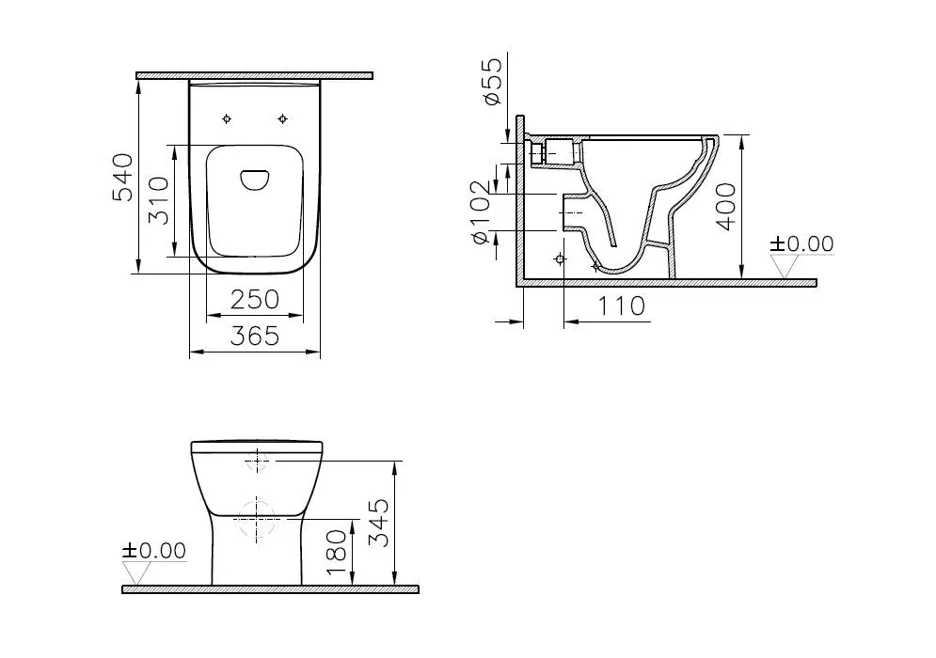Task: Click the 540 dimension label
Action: pyautogui.click(x=123, y=177)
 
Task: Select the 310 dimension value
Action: pyautogui.click(x=161, y=199)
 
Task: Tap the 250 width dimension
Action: pyautogui.click(x=256, y=299)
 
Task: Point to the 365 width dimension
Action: pyautogui.click(x=256, y=336)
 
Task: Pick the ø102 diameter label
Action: pyautogui.click(x=482, y=215)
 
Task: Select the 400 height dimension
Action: pyautogui.click(x=725, y=208)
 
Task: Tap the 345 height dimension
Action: pyautogui.click(x=378, y=523)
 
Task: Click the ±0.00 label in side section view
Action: pyautogui.click(x=801, y=244)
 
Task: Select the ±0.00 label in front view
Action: pyautogui.click(x=154, y=551)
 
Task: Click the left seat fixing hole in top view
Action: pyautogui.click(x=227, y=118)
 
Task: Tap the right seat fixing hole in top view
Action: pyautogui.click(x=283, y=118)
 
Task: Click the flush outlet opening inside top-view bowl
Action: pyautogui.click(x=255, y=180)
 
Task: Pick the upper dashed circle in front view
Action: pyautogui.click(x=258, y=462)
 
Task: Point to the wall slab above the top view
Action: pyautogui.click(x=254, y=75)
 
